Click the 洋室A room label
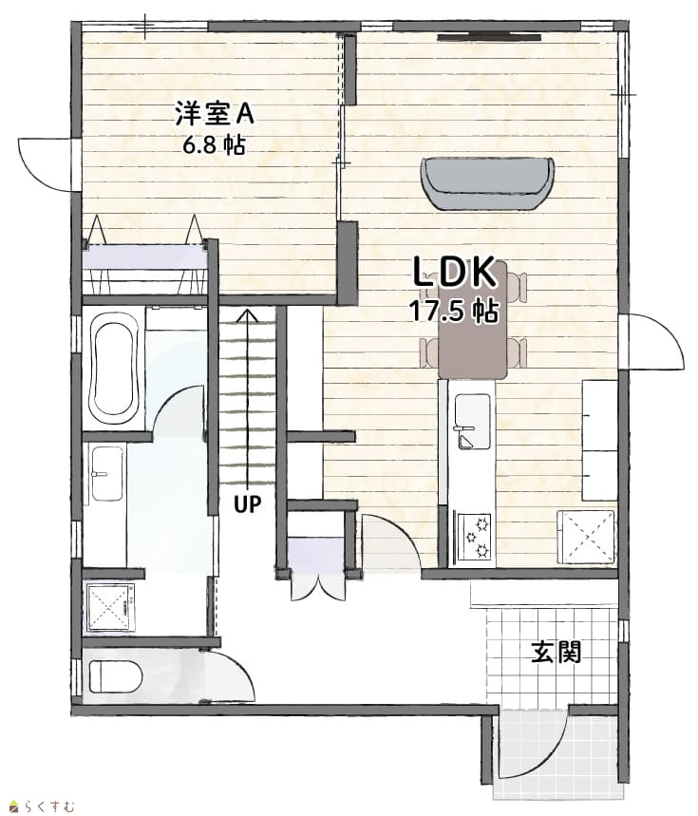[x=215, y=113]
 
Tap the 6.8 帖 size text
[x=214, y=145]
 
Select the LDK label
[x=455, y=273]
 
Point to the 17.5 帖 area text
[x=454, y=311]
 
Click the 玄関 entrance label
[x=556, y=652]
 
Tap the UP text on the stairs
[x=247, y=503]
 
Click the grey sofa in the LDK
[x=487, y=183]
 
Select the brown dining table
[x=472, y=320]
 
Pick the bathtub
[x=114, y=370]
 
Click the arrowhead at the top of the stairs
[x=248, y=314]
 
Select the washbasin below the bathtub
[x=107, y=474]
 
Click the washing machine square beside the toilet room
[x=110, y=607]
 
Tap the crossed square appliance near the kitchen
[x=586, y=537]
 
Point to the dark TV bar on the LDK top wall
[x=489, y=37]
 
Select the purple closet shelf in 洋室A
[x=143, y=256]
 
